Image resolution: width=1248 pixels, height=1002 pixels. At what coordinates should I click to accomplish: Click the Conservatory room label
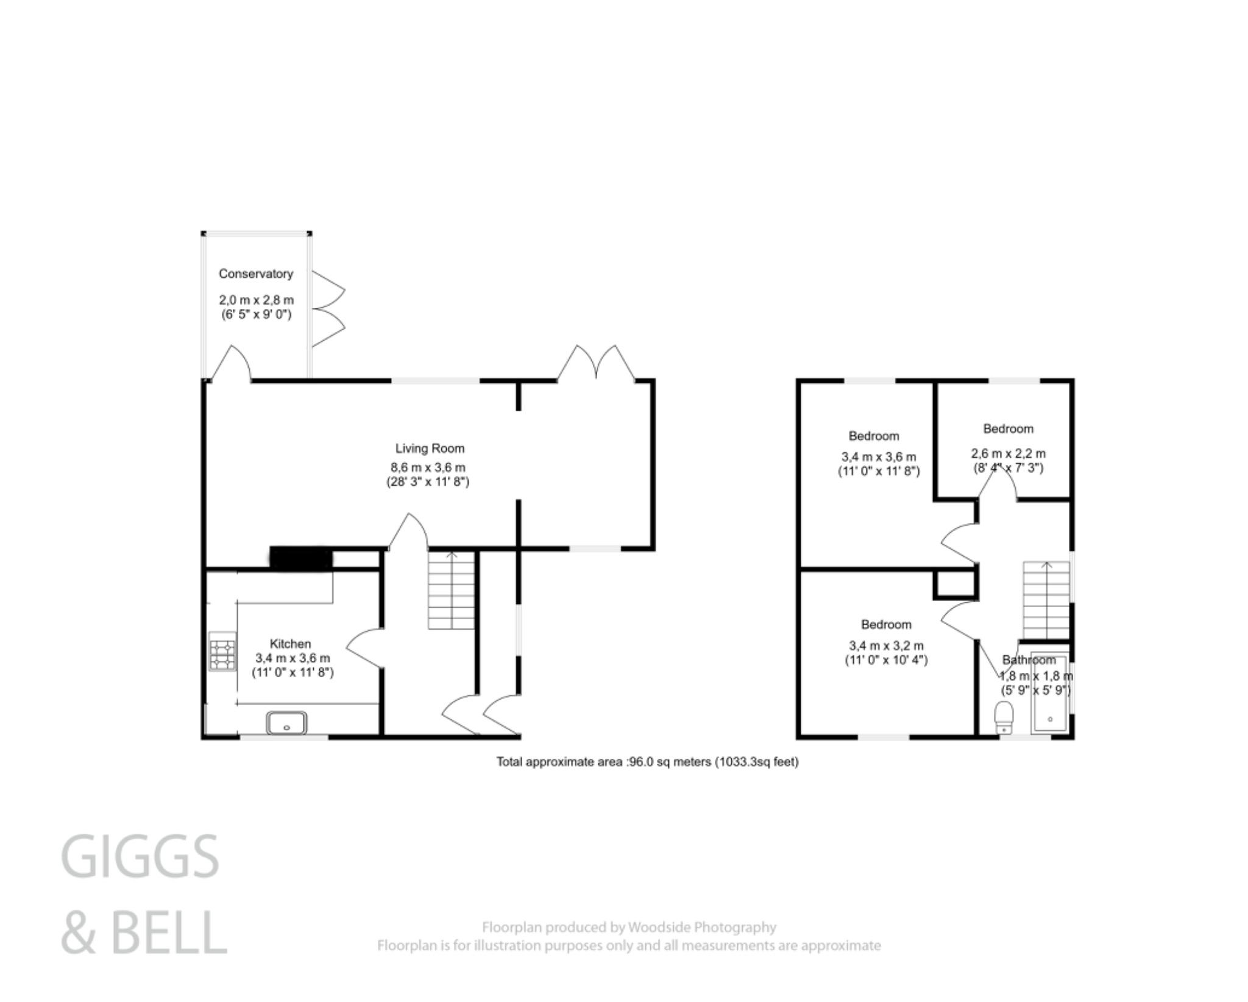pos(255,274)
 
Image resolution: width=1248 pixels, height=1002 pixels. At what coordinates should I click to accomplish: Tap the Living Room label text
pos(430,449)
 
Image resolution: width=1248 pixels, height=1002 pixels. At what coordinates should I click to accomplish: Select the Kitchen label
pos(290,644)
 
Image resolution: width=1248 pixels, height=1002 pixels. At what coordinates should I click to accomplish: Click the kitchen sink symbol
pos(286,723)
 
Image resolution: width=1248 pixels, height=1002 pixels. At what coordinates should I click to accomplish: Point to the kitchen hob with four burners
pos(222,652)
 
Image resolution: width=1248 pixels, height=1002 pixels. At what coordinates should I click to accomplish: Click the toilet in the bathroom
pos(1003,717)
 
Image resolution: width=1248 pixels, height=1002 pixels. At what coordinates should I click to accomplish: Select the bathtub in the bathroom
pos(1049,694)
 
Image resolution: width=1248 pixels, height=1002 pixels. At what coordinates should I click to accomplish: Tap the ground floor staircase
pos(451,591)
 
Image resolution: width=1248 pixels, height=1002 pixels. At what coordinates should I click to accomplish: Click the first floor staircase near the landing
pos(1046,600)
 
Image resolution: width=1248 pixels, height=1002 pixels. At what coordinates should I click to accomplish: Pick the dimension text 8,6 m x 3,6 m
pos(428,467)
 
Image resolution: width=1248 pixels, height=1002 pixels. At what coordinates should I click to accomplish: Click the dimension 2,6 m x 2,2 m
pos(1008,453)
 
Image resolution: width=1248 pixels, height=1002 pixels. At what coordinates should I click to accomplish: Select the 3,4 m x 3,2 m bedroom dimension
pos(886,645)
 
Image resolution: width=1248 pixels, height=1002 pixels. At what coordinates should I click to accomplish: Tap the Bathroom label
pos(1029,659)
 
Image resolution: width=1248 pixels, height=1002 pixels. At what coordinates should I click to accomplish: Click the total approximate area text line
pos(647,761)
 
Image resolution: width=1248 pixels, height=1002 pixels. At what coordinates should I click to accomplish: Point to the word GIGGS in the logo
pos(140,857)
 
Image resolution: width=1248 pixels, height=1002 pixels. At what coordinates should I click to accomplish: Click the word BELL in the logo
pos(169,933)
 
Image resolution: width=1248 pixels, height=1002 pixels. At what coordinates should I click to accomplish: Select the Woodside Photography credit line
pos(629,928)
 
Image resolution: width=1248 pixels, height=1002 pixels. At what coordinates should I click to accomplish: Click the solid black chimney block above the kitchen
pos(301,558)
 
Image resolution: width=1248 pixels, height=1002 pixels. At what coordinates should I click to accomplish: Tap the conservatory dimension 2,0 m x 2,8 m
pos(256,300)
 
